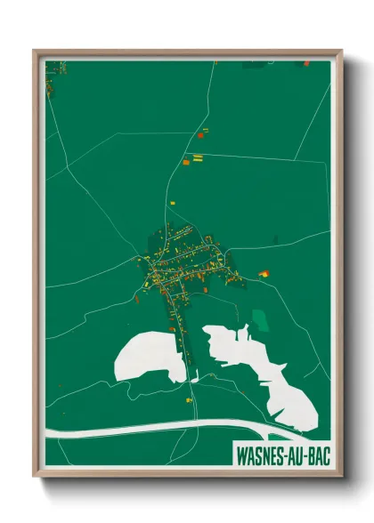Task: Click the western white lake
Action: tap(147, 358)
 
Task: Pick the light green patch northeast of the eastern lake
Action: tap(260, 319)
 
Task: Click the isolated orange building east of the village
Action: tap(264, 273)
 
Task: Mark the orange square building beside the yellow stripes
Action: tap(186, 162)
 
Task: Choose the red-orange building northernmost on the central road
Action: tap(204, 132)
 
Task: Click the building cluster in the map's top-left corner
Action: tap(55, 68)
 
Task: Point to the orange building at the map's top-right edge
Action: tap(305, 64)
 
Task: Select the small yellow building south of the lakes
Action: tap(190, 400)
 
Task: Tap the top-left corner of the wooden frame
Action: tap(36, 52)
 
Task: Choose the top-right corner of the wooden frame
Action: tap(342, 52)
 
